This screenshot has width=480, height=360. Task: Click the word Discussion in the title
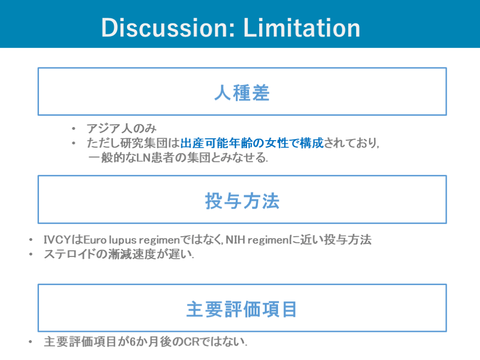coord(168,28)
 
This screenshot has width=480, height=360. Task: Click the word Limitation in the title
coord(301,28)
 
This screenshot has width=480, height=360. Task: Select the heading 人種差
coord(242,92)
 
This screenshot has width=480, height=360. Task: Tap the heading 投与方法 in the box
coord(242,201)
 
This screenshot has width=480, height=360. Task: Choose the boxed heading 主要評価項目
coord(242,309)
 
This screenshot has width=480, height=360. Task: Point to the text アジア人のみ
coord(121,128)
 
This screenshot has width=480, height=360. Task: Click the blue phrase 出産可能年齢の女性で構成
coord(252,143)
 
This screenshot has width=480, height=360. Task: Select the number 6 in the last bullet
coord(132,342)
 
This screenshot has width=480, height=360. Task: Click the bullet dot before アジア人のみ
coord(74,129)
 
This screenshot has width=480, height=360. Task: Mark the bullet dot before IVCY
coord(30,240)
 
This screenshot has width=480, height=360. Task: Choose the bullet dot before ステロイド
coord(30,255)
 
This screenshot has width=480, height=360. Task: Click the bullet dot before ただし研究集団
coord(74,143)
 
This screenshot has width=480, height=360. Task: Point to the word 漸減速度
coord(132,254)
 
